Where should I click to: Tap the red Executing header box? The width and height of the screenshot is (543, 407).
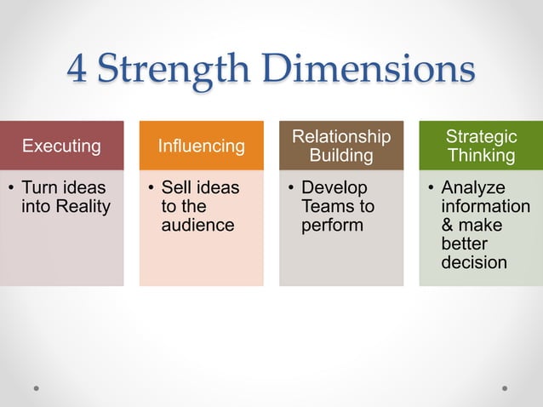pos(61,146)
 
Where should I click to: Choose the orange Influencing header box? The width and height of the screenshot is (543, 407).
pos(201,146)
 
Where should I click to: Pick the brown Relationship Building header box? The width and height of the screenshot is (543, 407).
pos(341,146)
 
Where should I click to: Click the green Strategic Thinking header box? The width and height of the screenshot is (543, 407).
pos(481,146)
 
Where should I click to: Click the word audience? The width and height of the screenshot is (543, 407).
pos(197,225)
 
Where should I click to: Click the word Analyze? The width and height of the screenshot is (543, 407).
pos(473,187)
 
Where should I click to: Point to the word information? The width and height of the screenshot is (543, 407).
pos(485,206)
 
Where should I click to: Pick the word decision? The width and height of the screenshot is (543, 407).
pos(474,262)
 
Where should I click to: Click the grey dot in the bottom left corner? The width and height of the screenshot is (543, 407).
pos(37,388)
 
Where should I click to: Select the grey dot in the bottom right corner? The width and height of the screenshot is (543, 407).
pos(505,388)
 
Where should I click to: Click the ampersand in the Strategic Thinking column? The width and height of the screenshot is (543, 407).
pos(448,225)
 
